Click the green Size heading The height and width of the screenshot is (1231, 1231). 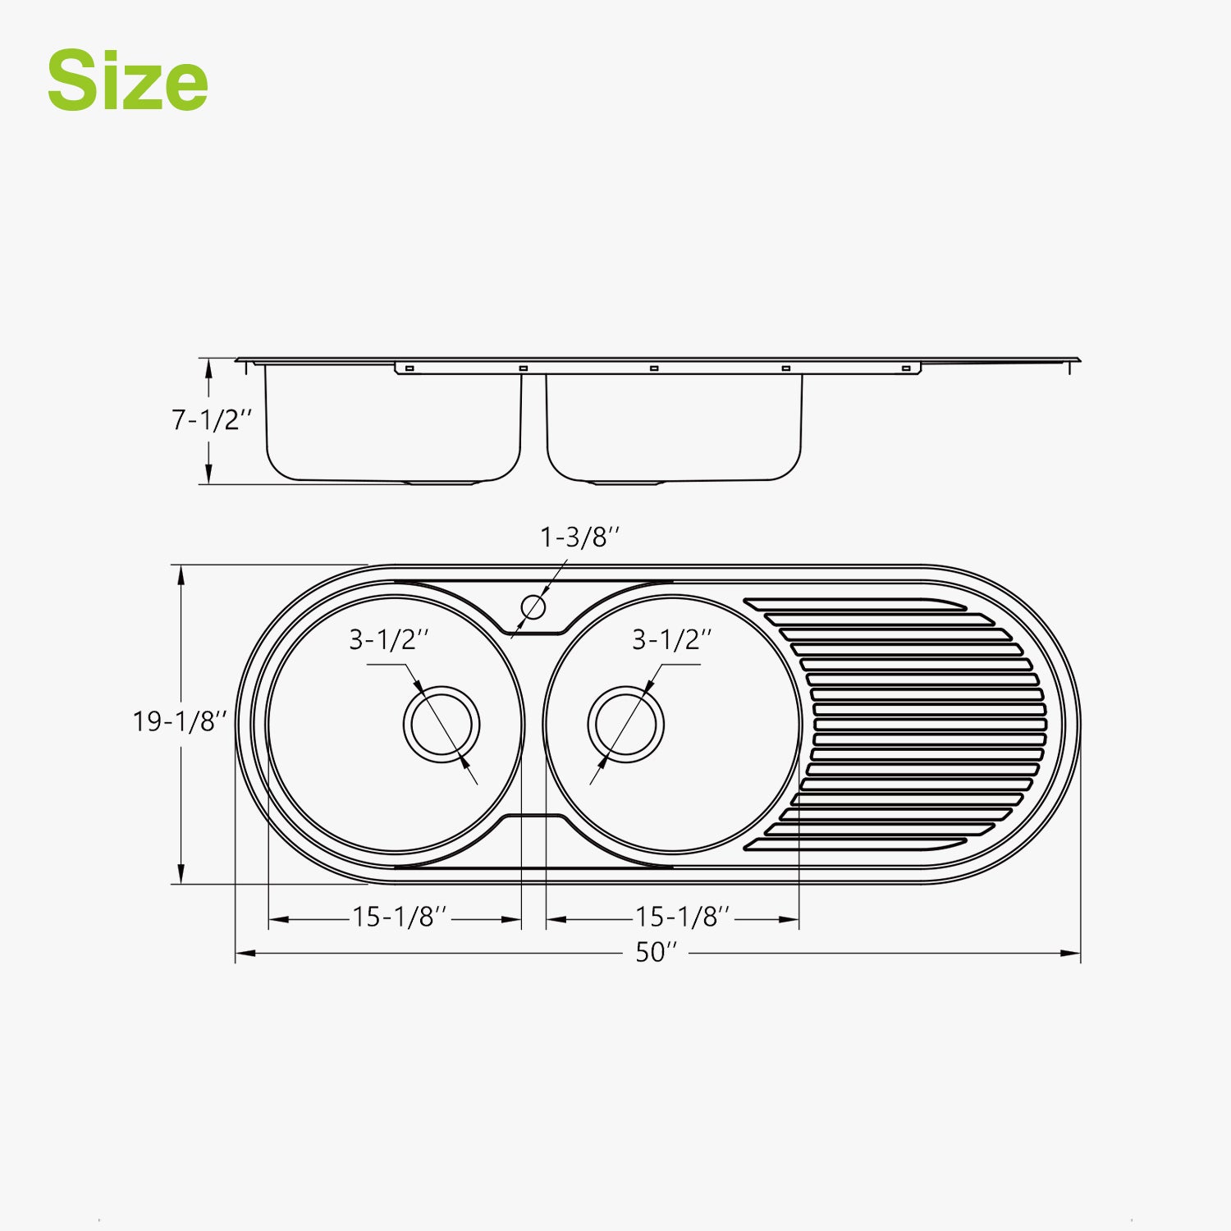click(x=127, y=80)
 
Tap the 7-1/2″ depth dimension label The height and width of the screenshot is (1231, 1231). click(x=212, y=420)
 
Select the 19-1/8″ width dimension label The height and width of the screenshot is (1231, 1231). click(x=180, y=721)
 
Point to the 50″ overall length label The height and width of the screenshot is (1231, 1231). click(x=657, y=952)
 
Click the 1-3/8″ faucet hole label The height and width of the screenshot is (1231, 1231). click(x=579, y=538)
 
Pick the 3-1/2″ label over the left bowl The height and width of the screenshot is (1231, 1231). click(x=389, y=639)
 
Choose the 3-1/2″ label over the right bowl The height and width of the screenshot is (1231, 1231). click(x=671, y=639)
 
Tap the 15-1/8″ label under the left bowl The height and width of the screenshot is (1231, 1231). click(x=400, y=917)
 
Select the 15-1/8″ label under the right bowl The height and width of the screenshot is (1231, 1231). click(x=683, y=917)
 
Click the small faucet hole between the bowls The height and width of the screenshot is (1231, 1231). click(x=533, y=607)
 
